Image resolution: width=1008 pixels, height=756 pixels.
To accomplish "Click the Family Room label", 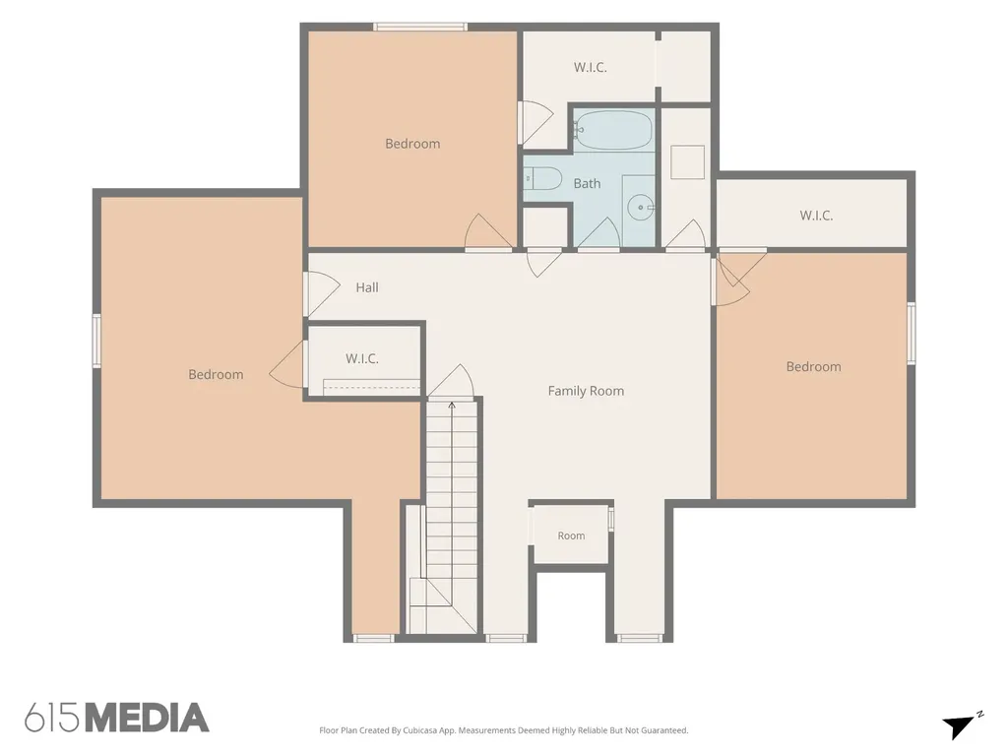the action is [586, 391].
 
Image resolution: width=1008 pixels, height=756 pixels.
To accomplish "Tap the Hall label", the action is [367, 287].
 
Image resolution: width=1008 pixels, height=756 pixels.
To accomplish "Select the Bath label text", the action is [587, 183].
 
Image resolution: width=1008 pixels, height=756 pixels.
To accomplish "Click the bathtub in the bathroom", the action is [613, 131].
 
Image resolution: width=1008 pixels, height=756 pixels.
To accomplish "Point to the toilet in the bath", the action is [543, 178].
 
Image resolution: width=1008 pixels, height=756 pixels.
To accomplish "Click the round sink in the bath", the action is [640, 207].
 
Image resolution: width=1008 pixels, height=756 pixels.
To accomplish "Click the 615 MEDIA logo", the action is [117, 718].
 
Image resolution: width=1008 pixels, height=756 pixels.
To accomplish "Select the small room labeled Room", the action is [571, 535].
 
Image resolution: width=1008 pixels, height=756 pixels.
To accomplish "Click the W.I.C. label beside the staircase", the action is [362, 358].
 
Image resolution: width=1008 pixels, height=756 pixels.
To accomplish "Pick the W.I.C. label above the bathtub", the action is [591, 67].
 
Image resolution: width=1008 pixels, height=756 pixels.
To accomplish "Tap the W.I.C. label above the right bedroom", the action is [816, 216].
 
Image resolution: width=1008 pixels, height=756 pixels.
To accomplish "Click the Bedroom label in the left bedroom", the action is [216, 374].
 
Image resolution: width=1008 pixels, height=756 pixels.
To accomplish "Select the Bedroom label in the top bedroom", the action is [412, 144].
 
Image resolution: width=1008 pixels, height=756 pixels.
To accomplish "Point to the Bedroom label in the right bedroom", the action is [814, 366].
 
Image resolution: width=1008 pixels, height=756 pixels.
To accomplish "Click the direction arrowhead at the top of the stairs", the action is [452, 405].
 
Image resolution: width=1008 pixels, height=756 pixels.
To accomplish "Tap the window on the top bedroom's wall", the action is [419, 27].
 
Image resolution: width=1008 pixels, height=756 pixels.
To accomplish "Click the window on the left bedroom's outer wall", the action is [96, 341].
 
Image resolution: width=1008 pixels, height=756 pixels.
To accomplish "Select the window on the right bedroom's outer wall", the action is [911, 333].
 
